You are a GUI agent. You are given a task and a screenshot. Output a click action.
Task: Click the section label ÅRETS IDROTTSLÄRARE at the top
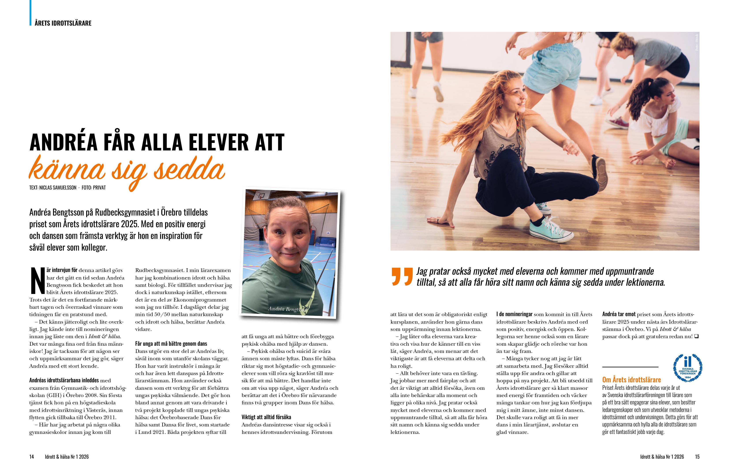(63, 23)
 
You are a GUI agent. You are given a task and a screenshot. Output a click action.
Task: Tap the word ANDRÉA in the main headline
(63, 142)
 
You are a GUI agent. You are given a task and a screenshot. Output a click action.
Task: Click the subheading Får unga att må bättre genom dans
(171, 343)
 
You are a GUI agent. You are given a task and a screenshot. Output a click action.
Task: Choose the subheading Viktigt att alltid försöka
(266, 417)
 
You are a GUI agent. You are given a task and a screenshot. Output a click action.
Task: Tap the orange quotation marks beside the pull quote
(402, 277)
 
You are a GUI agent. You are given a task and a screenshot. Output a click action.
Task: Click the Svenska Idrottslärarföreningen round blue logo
(687, 368)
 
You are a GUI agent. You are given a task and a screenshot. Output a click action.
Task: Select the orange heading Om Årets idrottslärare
(631, 380)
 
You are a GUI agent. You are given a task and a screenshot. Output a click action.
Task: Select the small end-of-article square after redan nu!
(696, 336)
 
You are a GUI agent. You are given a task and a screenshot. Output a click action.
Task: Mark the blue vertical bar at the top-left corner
(30, 12)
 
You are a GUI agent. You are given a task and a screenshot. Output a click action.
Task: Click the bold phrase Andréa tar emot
(619, 314)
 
